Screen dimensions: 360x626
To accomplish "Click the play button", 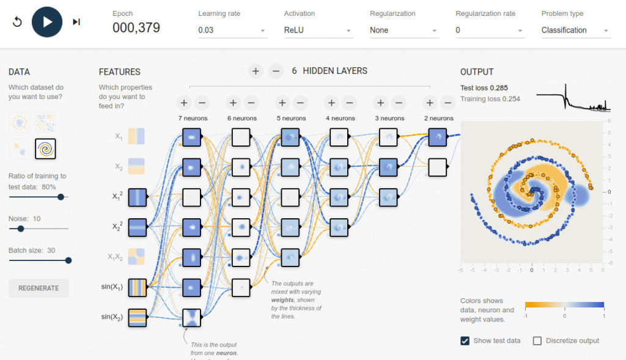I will [x=47, y=22].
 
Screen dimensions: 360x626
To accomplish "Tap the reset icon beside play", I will [x=17, y=22].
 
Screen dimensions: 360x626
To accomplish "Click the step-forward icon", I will [x=76, y=22].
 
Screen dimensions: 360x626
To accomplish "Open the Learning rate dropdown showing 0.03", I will [x=232, y=30].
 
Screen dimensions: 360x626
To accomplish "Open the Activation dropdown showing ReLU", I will [x=319, y=30].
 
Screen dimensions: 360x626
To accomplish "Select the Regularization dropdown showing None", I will [x=404, y=30].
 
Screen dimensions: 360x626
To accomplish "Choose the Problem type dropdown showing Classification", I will [x=575, y=30].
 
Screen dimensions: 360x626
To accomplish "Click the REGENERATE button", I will [x=39, y=288].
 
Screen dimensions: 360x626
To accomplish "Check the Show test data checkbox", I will [x=465, y=340].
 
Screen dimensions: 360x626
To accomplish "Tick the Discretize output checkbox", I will [x=537, y=340].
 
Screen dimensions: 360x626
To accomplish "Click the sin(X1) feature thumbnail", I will [x=138, y=287].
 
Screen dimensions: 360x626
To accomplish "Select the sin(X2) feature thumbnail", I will [x=138, y=317].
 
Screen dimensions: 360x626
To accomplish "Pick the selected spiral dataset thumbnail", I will [x=45, y=148].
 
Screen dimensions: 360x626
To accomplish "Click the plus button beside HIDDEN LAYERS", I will [x=256, y=71].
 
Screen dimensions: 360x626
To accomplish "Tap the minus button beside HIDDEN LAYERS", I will [x=276, y=71].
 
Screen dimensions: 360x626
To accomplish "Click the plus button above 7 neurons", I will [x=184, y=103].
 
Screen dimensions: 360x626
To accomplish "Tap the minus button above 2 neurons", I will [x=448, y=103].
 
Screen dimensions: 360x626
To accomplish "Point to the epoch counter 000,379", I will [x=136, y=27].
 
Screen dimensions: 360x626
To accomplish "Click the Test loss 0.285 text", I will [x=484, y=87].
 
